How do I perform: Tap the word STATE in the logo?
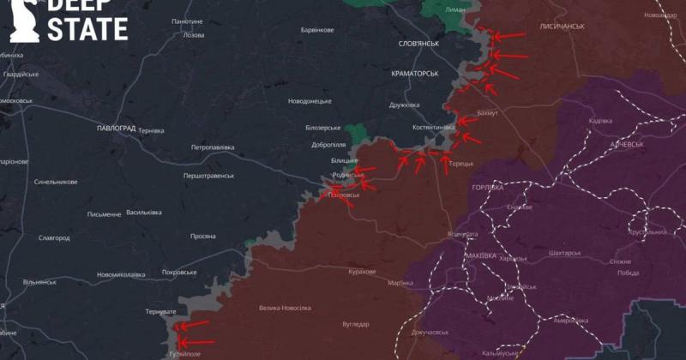[87, 30]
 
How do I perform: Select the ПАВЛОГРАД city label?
[117, 128]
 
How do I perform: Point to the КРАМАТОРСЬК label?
[414, 73]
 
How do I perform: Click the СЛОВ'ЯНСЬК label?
[418, 44]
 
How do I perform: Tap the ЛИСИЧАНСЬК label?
[563, 27]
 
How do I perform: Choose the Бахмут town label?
[487, 113]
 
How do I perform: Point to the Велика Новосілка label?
[285, 308]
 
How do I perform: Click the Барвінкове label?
[317, 30]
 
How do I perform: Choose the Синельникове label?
[56, 182]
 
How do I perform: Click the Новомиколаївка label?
[121, 274]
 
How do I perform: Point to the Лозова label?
[194, 35]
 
